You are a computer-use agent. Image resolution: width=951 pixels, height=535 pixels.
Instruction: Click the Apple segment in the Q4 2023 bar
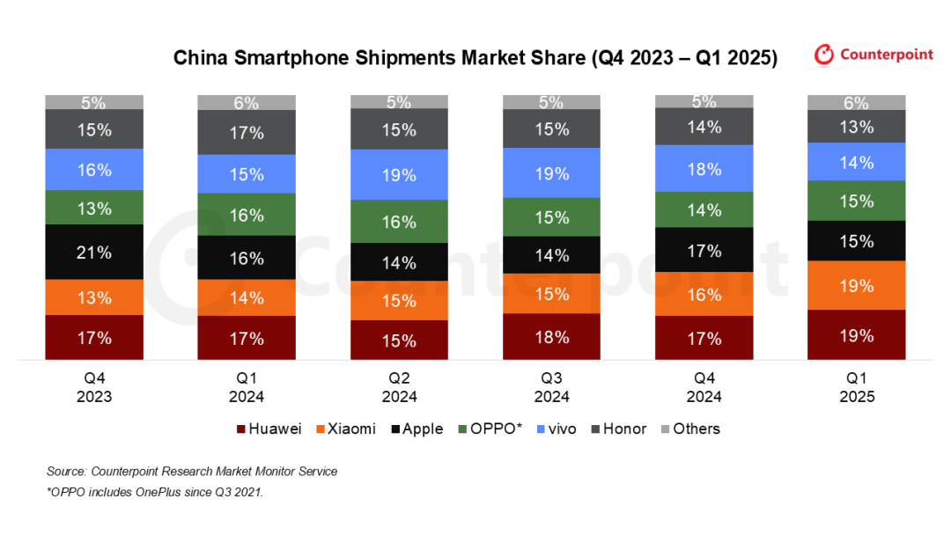(x=94, y=253)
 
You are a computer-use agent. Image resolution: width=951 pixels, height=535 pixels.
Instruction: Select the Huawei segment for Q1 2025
(x=857, y=335)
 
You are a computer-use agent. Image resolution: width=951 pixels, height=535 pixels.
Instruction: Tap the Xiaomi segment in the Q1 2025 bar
(x=857, y=285)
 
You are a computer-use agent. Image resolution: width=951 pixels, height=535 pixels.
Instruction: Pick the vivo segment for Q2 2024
(x=399, y=175)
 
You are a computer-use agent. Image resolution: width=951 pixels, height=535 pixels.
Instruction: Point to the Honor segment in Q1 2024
(x=247, y=133)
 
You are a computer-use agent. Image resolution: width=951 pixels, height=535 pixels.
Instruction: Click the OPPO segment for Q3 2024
(x=551, y=217)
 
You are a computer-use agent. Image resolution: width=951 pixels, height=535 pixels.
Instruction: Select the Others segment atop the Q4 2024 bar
(x=704, y=101)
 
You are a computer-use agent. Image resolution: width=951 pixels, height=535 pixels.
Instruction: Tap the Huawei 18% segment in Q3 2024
(x=551, y=337)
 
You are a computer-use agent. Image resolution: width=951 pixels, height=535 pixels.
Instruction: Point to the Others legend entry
(x=689, y=429)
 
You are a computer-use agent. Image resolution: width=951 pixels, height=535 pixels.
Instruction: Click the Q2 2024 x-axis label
(x=399, y=387)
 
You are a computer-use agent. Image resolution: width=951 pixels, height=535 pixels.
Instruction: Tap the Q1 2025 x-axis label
(x=857, y=387)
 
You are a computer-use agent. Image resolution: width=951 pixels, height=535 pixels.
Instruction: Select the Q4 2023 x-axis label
(x=94, y=387)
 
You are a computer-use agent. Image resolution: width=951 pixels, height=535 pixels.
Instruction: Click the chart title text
(x=475, y=58)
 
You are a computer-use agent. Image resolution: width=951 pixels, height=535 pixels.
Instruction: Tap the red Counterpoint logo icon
(x=824, y=55)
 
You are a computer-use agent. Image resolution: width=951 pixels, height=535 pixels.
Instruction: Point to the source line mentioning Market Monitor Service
(x=192, y=472)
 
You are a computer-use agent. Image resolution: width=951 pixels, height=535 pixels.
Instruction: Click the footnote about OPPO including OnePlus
(x=155, y=492)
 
